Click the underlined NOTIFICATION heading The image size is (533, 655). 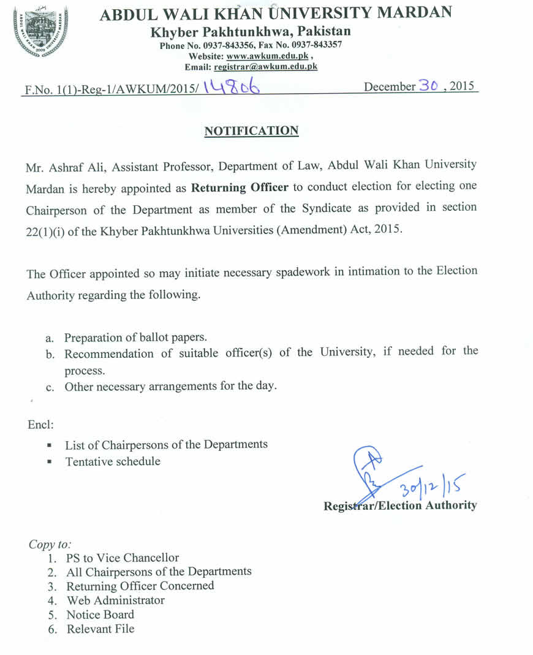251,131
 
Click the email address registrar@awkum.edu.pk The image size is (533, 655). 265,66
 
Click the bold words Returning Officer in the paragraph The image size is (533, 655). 240,187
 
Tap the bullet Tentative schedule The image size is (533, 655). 113,461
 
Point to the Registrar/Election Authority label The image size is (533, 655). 400,505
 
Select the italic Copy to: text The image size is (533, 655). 50,544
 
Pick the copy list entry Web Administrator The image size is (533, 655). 116,600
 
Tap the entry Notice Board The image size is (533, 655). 100,614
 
